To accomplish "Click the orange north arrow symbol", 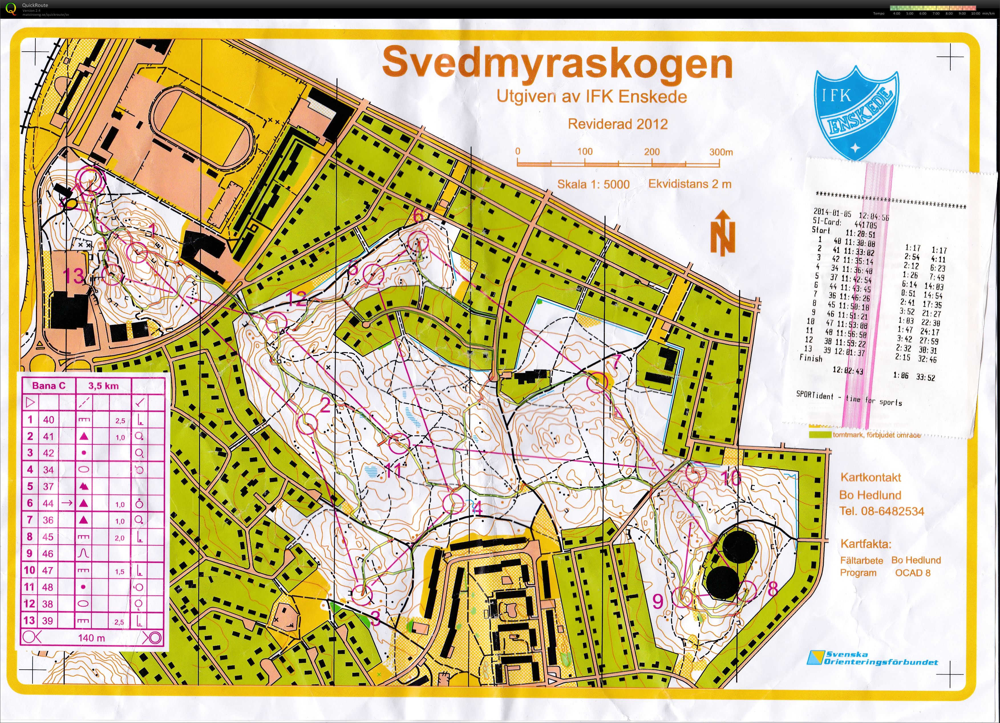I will point(722,233).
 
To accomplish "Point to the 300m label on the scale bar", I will point(721,152).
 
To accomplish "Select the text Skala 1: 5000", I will point(593,184).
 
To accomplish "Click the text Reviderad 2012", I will point(617,124).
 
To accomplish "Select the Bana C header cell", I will point(48,386).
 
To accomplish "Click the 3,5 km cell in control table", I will point(103,386).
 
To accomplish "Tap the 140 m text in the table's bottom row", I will point(92,637).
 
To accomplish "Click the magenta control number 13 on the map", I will point(73,276).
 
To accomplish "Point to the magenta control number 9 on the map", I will point(657,601).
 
